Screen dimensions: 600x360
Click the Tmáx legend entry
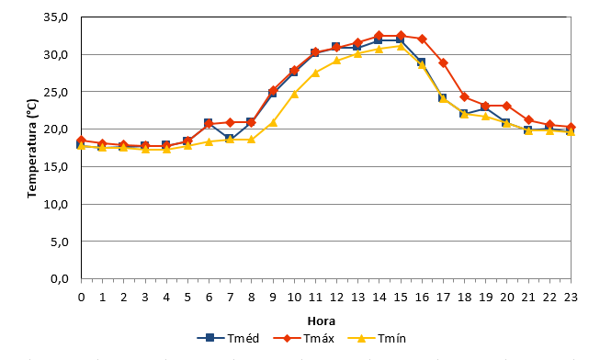(x=304, y=338)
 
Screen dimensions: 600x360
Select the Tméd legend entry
(x=228, y=338)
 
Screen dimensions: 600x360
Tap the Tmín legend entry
(x=377, y=338)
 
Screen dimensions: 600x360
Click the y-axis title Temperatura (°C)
(x=32, y=149)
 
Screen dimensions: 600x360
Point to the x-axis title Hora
(x=322, y=321)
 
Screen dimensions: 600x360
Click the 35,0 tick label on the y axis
(x=56, y=17)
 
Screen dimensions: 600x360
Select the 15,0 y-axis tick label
(x=56, y=167)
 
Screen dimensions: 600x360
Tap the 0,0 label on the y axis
(x=60, y=279)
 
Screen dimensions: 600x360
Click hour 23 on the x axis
(x=571, y=297)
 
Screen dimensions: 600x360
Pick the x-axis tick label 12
(x=336, y=297)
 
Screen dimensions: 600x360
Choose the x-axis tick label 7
(x=230, y=297)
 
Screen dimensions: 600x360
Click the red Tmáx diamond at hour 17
(x=443, y=62)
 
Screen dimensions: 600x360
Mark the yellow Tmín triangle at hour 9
(x=273, y=122)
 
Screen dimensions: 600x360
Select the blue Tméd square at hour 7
(x=230, y=138)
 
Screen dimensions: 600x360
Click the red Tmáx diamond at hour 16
(x=422, y=39)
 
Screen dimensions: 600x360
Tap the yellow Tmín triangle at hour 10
(x=294, y=94)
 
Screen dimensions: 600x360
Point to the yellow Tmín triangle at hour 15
(x=401, y=46)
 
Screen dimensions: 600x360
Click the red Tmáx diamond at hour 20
(x=507, y=106)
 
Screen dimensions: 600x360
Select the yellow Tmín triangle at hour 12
(x=336, y=61)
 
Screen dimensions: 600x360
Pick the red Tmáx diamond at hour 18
(x=465, y=96)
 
